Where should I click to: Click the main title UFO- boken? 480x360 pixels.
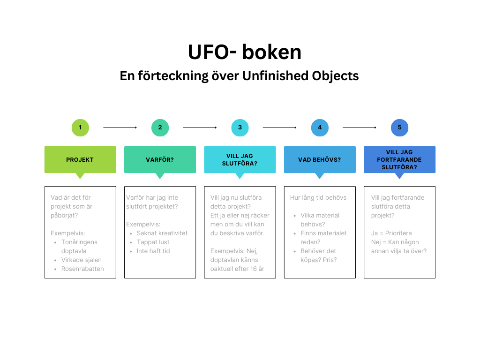[244, 52]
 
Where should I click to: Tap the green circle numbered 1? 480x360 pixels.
[80, 127]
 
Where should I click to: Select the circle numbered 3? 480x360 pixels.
[240, 127]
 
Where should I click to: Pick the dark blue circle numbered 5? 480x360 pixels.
[399, 127]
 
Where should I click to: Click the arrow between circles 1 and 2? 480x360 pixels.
[120, 127]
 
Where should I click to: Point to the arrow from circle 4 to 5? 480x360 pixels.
[360, 127]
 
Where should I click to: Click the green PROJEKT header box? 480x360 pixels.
[80, 160]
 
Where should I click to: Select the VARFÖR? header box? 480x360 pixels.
[160, 160]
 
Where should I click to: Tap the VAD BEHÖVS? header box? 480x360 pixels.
[320, 160]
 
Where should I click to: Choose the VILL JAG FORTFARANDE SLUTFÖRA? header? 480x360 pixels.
[399, 160]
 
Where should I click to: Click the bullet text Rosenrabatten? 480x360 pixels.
[82, 269]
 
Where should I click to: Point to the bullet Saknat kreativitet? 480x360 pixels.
[162, 233]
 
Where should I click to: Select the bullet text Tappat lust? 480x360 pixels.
[153, 242]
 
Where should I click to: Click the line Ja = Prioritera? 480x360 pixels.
[391, 233]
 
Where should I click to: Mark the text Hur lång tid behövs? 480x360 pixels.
[318, 197]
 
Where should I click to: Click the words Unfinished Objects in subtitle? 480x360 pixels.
[300, 76]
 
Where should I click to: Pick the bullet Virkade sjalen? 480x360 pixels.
[82, 260]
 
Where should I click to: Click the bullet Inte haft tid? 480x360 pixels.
[153, 251]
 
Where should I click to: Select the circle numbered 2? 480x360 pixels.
[160, 127]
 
